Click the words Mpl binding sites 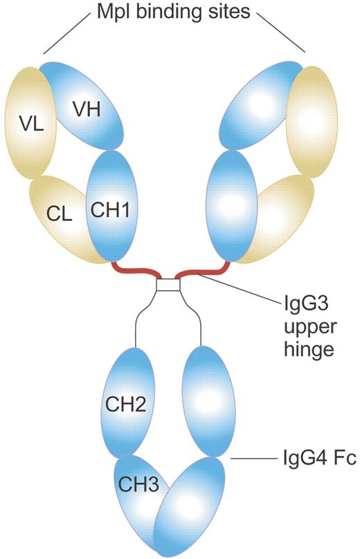(174, 12)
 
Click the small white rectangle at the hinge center (168, 285)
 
